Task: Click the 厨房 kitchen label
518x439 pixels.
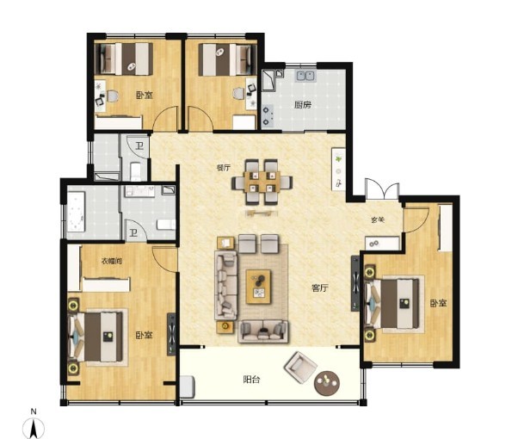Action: pyautogui.click(x=303, y=105)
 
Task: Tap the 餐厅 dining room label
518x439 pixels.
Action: pyautogui.click(x=224, y=168)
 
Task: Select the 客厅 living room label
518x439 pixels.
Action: pyautogui.click(x=320, y=288)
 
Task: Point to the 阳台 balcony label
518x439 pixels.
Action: pyautogui.click(x=251, y=380)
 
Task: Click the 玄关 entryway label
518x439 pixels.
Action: pyautogui.click(x=377, y=219)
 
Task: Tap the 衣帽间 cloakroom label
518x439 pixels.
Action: pyautogui.click(x=112, y=261)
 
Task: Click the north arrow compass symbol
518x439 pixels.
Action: pyautogui.click(x=34, y=427)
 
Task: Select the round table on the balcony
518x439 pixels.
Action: pyautogui.click(x=327, y=383)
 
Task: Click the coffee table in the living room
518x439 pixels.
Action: pyautogui.click(x=258, y=287)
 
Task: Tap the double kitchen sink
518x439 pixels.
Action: pyautogui.click(x=305, y=76)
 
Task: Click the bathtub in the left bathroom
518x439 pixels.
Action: pyautogui.click(x=77, y=212)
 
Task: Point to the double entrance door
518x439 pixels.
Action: pyautogui.click(x=382, y=189)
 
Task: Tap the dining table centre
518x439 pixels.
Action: pyautogui.click(x=262, y=182)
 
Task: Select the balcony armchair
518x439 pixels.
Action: pyautogui.click(x=300, y=367)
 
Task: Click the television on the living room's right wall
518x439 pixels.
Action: pyautogui.click(x=355, y=283)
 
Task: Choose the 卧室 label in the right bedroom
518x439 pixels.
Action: pyautogui.click(x=438, y=303)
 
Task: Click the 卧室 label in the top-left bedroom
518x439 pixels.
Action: pyautogui.click(x=145, y=96)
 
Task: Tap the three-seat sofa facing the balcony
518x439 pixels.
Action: pyautogui.click(x=263, y=331)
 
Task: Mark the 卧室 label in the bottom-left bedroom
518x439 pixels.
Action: pyautogui.click(x=144, y=335)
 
